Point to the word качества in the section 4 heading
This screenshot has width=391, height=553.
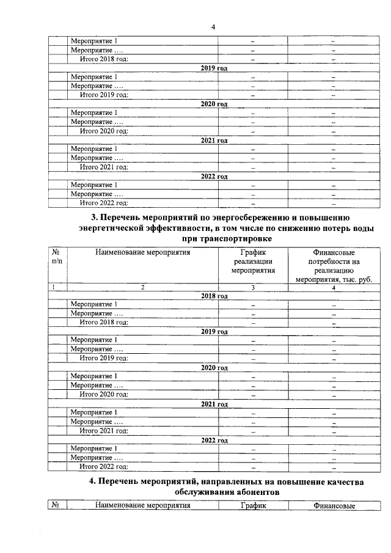click(340, 482)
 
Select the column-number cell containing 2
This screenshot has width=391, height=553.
click(142, 287)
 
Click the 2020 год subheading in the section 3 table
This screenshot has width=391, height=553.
click(214, 367)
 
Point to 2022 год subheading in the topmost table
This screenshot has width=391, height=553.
click(214, 177)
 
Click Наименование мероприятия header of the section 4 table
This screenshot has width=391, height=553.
click(142, 506)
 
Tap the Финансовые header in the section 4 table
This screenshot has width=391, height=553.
click(334, 506)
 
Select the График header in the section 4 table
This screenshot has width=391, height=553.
click(253, 506)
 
